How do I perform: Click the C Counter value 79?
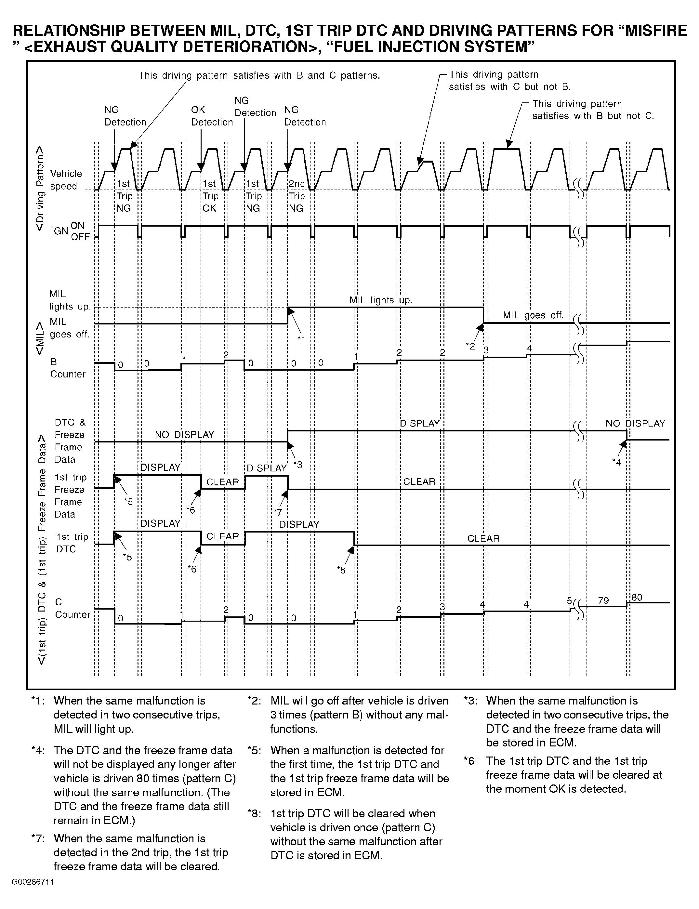(603, 601)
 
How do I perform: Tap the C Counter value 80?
(637, 598)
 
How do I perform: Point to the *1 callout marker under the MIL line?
(302, 339)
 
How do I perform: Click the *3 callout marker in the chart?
(298, 465)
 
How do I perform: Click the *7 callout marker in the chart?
(278, 512)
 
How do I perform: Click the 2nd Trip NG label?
(297, 196)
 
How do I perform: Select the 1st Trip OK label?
(210, 196)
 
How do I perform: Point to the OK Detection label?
(212, 116)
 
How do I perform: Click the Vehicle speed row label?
(66, 180)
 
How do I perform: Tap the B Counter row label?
(67, 368)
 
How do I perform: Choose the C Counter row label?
(73, 608)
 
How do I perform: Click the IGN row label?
(59, 231)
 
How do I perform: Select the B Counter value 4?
(529, 348)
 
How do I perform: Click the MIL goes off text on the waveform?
(533, 315)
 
